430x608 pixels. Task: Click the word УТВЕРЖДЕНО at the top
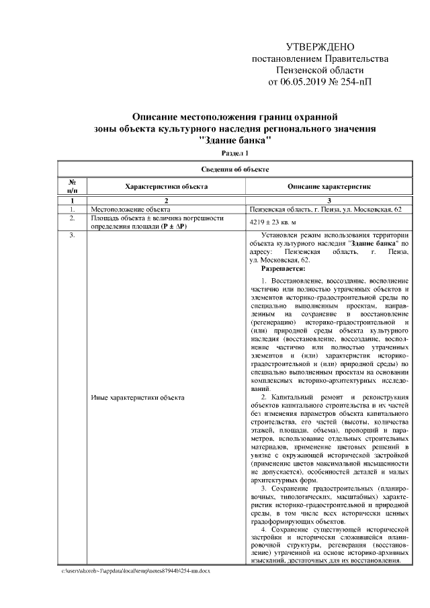(x=319, y=48)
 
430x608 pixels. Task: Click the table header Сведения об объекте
(x=235, y=169)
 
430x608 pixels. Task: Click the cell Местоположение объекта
(x=126, y=210)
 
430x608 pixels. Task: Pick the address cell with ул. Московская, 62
(x=325, y=210)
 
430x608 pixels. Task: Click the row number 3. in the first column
(x=71, y=236)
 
